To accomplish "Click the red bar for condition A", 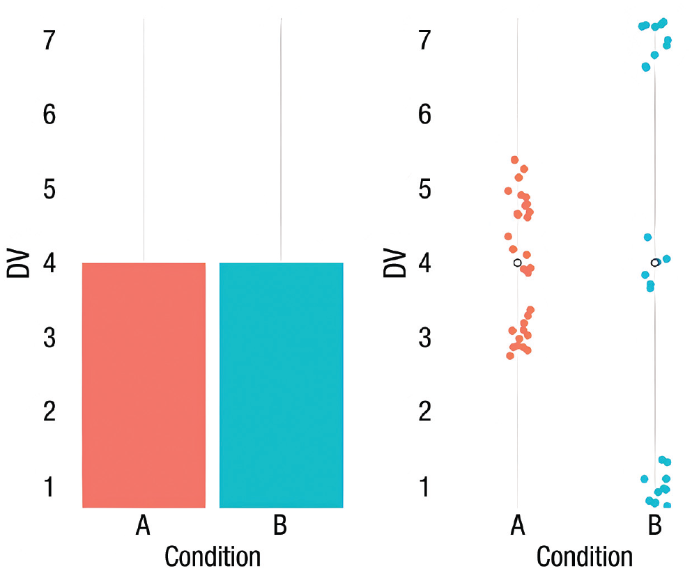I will (144, 385).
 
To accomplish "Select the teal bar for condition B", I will (281, 385).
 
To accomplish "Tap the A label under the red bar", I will (143, 526).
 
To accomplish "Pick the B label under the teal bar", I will (280, 526).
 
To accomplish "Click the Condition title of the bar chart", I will (212, 556).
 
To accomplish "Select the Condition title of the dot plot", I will (585, 556).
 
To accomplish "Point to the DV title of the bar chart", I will (19, 263).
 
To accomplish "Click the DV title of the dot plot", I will (394, 263).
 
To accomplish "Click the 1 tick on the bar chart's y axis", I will (49, 487).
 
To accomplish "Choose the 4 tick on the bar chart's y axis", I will (49, 263).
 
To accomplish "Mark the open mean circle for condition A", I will (517, 263).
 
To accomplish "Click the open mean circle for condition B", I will (654, 263).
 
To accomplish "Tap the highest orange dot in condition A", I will (515, 160).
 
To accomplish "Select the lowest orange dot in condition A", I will (510, 356).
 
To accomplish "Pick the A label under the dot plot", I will (517, 526).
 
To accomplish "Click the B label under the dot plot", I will (654, 526).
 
